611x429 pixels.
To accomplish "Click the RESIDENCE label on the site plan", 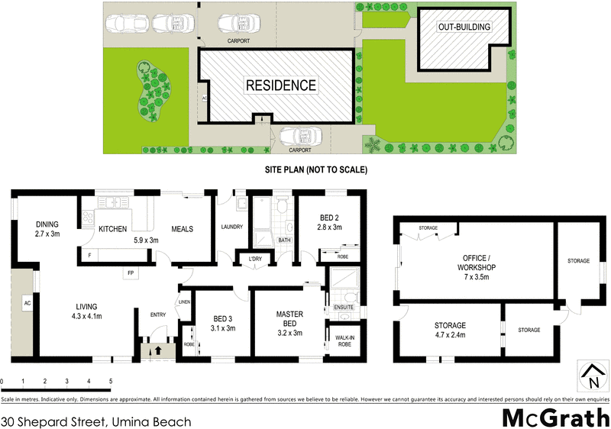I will [x=280, y=85].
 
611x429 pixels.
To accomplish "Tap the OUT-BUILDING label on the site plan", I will [x=464, y=27].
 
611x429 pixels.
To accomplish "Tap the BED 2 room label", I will [x=329, y=222].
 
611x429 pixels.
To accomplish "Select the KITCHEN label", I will [x=113, y=229].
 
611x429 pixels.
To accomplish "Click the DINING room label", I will [x=47, y=229].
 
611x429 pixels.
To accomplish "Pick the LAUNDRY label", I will [x=231, y=227].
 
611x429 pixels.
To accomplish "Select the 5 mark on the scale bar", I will [x=111, y=381].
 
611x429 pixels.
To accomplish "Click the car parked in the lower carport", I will [x=299, y=137].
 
